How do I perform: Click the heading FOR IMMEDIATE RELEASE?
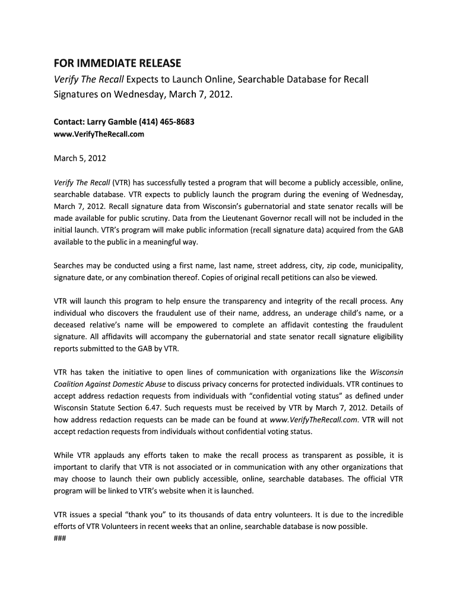(x=117, y=64)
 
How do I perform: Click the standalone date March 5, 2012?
(x=80, y=159)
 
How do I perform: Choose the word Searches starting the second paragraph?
(x=70, y=265)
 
